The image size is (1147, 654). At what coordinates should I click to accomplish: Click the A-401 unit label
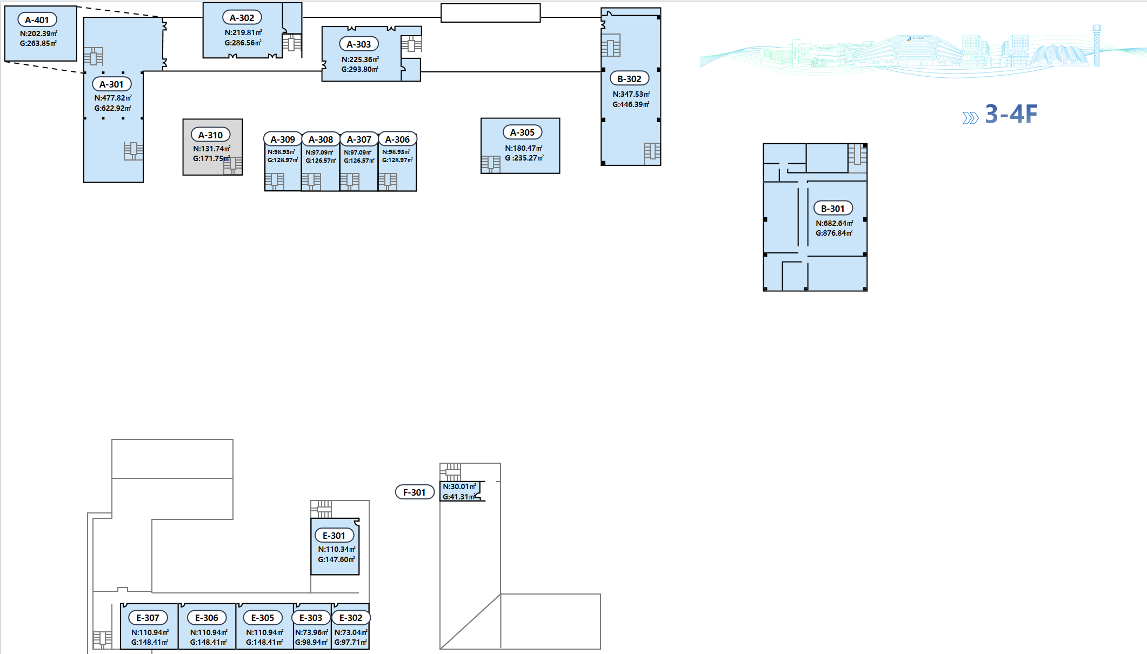[37, 20]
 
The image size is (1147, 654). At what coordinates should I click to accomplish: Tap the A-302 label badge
[242, 18]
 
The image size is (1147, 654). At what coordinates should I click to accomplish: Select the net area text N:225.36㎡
[360, 59]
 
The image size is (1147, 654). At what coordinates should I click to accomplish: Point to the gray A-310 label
[210, 135]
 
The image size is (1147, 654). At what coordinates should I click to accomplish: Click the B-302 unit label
[629, 78]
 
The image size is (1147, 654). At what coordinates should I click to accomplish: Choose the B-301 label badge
[833, 208]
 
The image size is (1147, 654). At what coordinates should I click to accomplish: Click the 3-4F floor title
[1011, 114]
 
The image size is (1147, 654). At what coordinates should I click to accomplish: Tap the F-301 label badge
[415, 492]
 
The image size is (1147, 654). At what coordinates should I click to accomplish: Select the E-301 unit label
[334, 535]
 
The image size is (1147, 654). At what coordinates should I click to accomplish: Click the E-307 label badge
[148, 617]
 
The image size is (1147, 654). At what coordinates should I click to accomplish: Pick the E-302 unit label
[351, 617]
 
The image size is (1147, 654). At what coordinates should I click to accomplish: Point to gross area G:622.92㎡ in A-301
[113, 108]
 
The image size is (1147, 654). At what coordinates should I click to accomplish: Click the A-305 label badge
[522, 132]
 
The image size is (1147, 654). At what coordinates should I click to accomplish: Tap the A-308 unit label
[321, 139]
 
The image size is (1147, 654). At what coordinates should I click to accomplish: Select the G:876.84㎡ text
[834, 233]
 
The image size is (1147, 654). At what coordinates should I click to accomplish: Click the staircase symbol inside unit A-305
[491, 164]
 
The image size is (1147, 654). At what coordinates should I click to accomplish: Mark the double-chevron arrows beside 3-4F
[970, 118]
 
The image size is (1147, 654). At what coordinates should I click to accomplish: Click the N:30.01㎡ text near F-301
[459, 486]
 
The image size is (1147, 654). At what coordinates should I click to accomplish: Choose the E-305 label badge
[263, 617]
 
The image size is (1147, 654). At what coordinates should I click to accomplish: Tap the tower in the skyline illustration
[1097, 45]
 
